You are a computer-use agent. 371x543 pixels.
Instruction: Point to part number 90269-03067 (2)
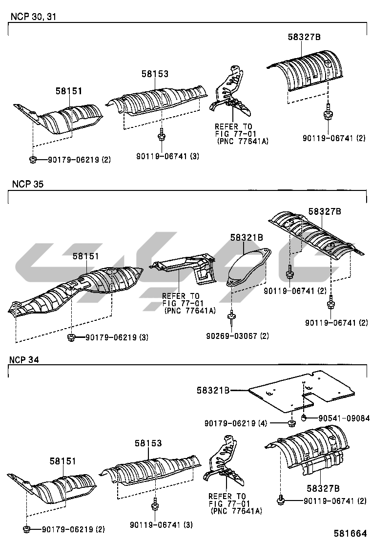[237, 336]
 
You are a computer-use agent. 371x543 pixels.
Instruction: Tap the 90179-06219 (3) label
[117, 337]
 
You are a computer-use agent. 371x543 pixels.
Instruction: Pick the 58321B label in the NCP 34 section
[214, 390]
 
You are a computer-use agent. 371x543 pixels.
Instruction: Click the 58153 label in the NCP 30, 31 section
[155, 74]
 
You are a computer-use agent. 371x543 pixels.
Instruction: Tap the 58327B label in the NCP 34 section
[323, 488]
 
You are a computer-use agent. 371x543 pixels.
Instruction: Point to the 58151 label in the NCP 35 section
[86, 256]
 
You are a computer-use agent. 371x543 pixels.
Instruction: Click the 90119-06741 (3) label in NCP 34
[161, 525]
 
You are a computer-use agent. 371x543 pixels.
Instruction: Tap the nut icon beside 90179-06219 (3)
[71, 337]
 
